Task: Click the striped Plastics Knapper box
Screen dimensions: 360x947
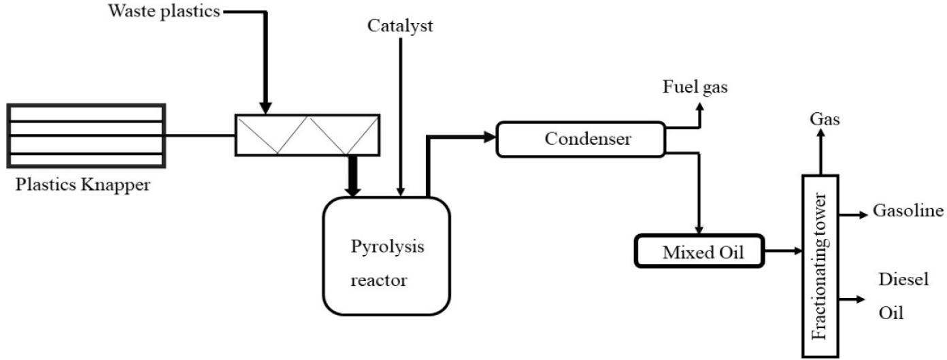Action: [86, 135]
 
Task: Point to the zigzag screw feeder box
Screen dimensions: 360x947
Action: [308, 134]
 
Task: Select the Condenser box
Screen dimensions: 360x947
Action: [580, 139]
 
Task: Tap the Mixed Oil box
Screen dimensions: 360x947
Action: [699, 252]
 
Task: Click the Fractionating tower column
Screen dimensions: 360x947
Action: [820, 265]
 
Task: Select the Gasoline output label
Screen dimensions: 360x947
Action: [907, 212]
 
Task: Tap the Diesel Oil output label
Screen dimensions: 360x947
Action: [894, 297]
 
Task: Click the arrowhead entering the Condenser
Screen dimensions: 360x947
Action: [490, 137]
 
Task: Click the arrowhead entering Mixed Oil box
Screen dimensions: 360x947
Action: [699, 230]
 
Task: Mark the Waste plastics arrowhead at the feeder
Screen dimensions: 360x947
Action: [266, 108]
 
